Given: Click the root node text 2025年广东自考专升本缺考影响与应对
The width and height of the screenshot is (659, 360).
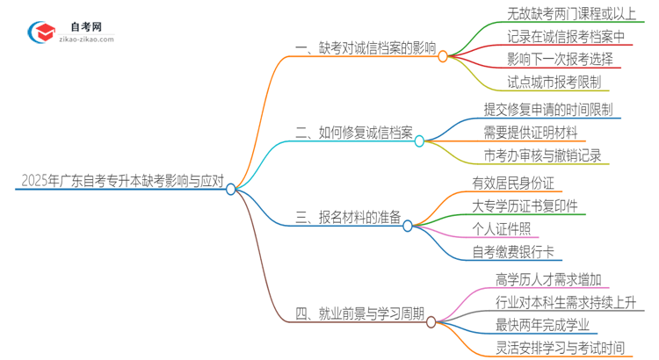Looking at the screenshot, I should point(120,183).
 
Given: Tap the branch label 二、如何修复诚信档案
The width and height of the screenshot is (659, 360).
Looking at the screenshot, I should point(354,133).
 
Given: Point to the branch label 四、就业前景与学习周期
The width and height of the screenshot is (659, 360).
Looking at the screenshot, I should point(360,313).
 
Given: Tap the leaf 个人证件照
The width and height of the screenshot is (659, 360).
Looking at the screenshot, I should point(500,230).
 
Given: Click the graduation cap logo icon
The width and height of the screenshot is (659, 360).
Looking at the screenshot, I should point(41,32).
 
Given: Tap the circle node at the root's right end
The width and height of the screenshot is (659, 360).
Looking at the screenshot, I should point(231,189).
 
